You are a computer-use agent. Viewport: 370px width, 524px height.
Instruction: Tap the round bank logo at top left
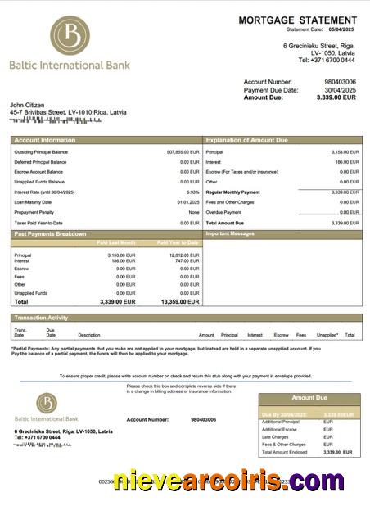(x=70, y=36)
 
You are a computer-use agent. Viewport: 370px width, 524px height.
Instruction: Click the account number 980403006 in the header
(x=340, y=82)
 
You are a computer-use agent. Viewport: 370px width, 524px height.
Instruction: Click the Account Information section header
(x=44, y=141)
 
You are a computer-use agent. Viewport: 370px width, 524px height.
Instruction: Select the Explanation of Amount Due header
(x=246, y=141)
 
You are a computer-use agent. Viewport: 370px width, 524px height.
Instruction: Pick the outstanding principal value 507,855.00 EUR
(x=183, y=151)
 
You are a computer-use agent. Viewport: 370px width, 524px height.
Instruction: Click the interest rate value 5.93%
(x=192, y=192)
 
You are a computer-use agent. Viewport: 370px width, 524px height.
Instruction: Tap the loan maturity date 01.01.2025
(x=187, y=202)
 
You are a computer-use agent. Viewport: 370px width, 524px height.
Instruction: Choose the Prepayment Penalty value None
(x=193, y=212)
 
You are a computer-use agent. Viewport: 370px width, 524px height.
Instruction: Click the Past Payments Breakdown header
(x=50, y=234)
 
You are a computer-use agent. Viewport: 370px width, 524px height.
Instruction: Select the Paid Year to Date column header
(x=178, y=242)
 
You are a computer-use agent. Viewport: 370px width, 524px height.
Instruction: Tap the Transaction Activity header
(x=41, y=318)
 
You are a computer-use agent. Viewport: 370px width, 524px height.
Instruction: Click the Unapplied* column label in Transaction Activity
(x=327, y=335)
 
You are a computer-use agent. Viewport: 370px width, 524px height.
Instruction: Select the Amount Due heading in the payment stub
(x=309, y=398)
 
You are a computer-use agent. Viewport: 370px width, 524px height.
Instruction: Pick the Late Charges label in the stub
(x=274, y=436)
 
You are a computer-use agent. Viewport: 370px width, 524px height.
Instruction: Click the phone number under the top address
(x=326, y=60)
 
